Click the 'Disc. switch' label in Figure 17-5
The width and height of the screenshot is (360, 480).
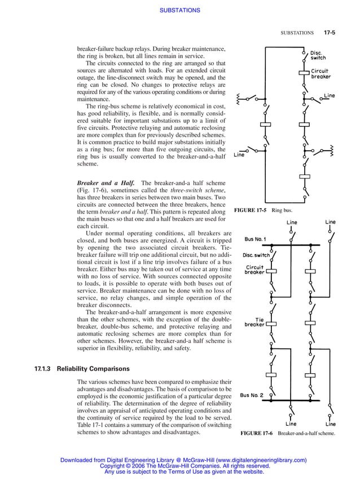point(318,55)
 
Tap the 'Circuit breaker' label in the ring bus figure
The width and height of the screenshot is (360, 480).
point(321,73)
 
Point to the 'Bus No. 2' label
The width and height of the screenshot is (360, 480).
point(255,395)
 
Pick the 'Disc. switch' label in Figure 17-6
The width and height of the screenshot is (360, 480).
point(256,255)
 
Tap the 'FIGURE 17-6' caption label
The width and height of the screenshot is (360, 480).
point(256,433)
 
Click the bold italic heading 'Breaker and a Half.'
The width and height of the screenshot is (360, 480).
point(105,182)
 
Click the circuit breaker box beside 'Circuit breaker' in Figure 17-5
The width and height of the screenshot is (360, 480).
point(305,72)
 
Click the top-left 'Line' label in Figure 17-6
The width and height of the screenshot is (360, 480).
point(292,222)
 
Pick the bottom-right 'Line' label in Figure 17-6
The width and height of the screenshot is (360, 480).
point(330,424)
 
